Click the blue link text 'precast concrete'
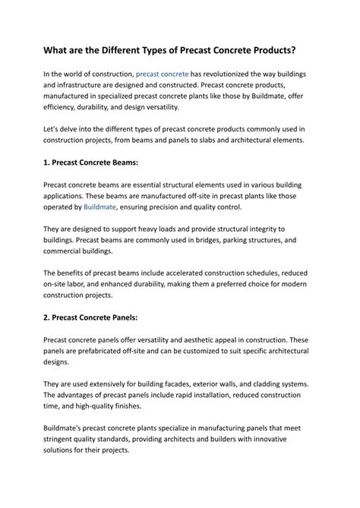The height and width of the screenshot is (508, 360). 162,74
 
